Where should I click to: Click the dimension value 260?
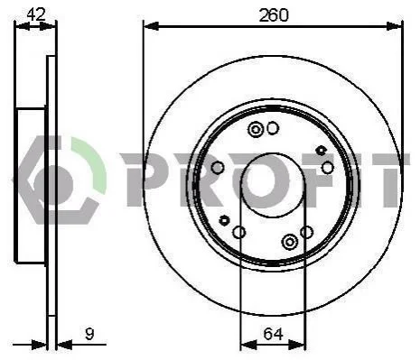coord(274,15)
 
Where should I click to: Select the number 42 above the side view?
coord(36,14)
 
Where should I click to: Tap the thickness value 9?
coord(89,334)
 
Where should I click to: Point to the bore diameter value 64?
coord(274,334)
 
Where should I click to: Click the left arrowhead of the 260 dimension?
coord(151,26)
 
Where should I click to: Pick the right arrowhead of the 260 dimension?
coord(394,26)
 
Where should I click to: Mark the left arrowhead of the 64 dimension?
coord(248,345)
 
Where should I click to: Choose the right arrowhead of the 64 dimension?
coord(297,345)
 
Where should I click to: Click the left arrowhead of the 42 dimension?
coord(23,26)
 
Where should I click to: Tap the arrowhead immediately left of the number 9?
coord(65,345)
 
